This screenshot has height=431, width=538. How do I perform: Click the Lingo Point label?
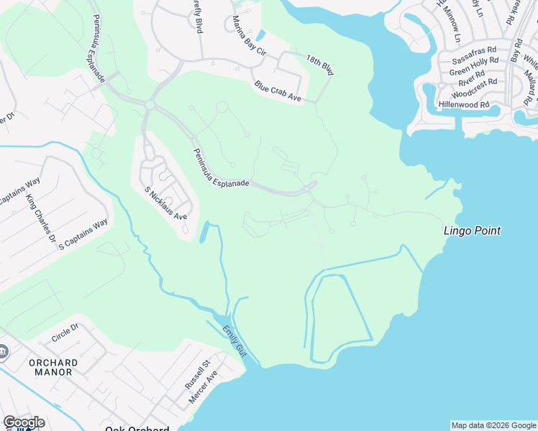[471, 231]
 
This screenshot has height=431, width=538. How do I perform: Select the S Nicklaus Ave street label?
[165, 203]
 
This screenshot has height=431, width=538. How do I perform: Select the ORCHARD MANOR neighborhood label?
[51, 367]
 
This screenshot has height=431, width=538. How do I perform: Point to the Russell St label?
[195, 374]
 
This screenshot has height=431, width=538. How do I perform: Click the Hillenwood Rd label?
[464, 104]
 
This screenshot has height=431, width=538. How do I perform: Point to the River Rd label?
[471, 77]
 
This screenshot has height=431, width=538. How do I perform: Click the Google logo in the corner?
[23, 422]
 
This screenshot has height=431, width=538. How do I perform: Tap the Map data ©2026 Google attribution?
[493, 425]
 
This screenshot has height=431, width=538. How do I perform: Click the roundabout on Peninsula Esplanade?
[150, 105]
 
